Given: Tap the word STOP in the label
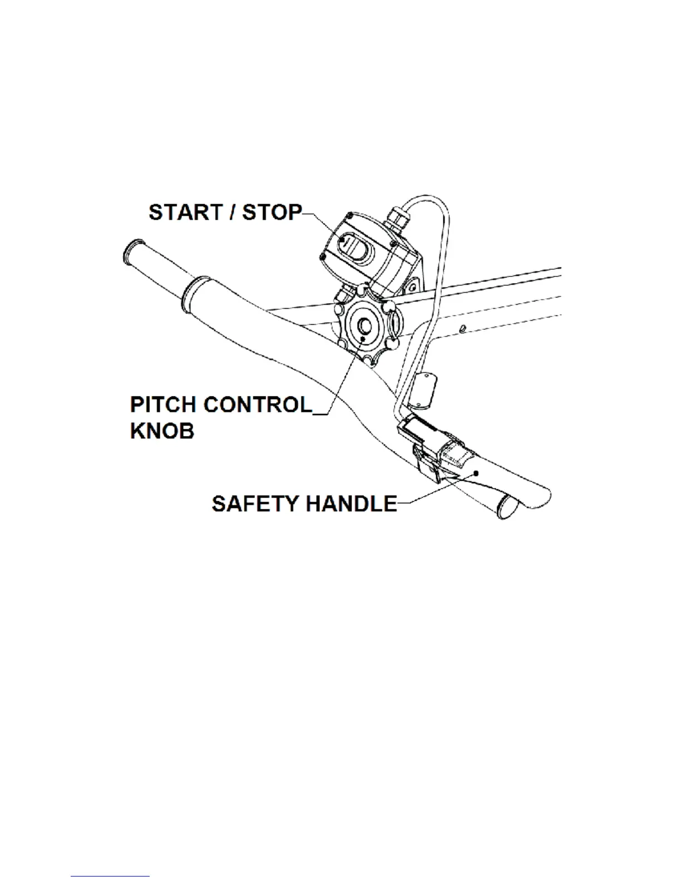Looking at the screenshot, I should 272,212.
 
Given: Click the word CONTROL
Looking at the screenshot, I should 258,404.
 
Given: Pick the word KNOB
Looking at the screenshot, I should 162,430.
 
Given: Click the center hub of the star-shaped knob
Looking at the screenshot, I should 365,326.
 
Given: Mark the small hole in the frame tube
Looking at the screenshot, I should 463,329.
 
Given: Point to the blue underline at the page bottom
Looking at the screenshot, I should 110,876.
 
